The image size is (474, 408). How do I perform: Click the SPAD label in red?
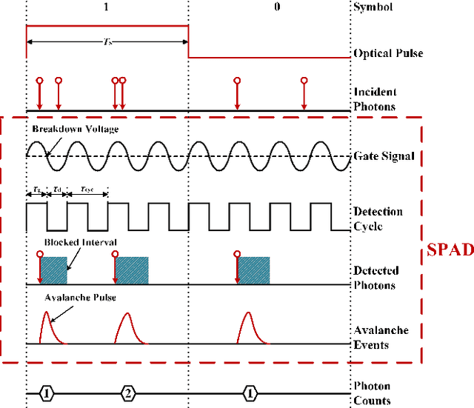(x=450, y=250)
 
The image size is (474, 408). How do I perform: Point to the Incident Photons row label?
(x=375, y=99)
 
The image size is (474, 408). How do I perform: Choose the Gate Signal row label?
(x=383, y=156)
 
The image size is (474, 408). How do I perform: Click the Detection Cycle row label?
(x=378, y=219)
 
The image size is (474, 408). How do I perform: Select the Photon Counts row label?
(x=372, y=393)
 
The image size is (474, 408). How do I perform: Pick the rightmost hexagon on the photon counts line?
(x=250, y=393)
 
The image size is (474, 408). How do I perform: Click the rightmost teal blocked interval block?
(x=254, y=270)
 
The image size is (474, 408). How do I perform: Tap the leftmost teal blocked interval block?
(x=54, y=270)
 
